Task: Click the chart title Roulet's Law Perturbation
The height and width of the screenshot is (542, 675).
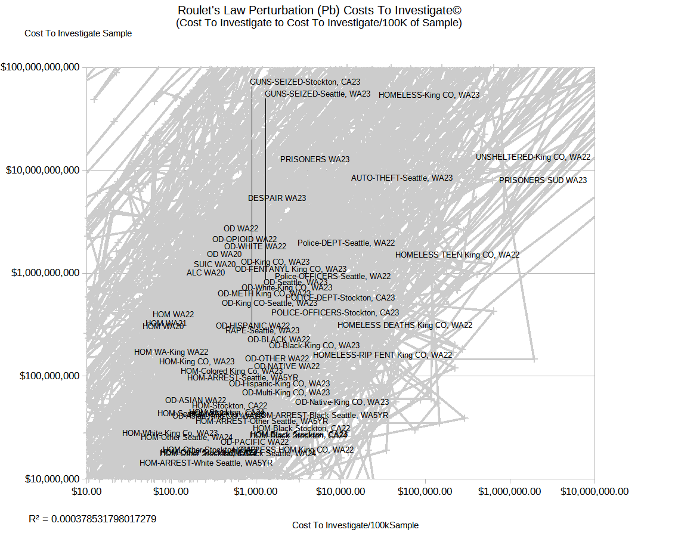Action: pos(319,11)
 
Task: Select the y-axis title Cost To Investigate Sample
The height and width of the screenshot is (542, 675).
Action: pos(78,33)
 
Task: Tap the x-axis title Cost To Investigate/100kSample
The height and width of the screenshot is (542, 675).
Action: pos(355,525)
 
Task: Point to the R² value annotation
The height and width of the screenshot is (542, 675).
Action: pos(92,519)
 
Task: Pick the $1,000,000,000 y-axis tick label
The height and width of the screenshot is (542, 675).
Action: pos(42,273)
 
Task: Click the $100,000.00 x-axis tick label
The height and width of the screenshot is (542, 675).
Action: pos(425,491)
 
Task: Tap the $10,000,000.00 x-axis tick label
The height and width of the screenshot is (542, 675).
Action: pos(594,491)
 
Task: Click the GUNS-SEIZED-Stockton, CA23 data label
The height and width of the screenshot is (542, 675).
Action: pos(305,82)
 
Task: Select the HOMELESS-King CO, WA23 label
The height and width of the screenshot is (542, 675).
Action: pos(429,95)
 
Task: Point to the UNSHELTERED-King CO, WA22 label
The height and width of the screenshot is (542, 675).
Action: pos(532,157)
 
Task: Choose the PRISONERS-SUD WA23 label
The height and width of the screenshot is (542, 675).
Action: pos(543,180)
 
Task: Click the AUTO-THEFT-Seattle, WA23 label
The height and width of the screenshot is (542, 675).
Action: pos(401,178)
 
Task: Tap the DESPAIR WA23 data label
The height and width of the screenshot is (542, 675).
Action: pos(277,198)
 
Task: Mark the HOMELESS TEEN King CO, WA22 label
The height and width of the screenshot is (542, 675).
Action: pos(457,255)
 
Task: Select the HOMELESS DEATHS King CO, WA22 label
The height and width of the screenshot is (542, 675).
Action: pos(404,325)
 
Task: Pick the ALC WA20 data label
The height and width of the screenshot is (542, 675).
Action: pos(206,273)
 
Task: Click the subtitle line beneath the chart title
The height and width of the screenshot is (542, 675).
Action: pos(318,23)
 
